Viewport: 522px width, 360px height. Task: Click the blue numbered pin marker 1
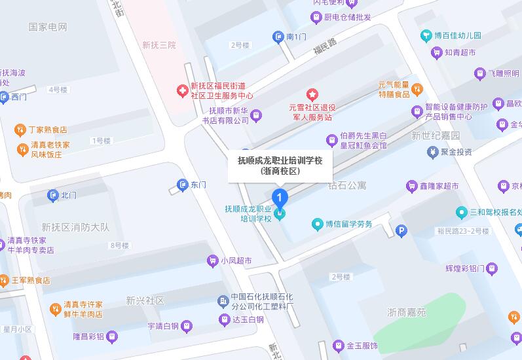coord(280,197)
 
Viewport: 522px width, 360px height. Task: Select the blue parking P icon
coord(401,230)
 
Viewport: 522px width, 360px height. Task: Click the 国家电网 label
coord(48,27)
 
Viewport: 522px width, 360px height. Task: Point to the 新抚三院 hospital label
coord(159,45)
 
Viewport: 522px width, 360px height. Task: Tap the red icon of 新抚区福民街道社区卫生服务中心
coord(181,90)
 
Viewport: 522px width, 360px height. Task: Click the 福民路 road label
coord(324,45)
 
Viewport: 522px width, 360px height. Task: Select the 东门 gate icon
coord(182,185)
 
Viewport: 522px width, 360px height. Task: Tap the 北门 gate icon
coord(53,195)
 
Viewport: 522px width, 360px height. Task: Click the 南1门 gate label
coord(296,37)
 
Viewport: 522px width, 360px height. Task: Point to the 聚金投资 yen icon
coord(432,152)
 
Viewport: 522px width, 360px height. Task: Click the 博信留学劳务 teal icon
coord(318,224)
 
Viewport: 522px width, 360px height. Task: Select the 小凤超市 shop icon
coord(212,260)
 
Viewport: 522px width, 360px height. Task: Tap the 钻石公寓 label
coord(347,186)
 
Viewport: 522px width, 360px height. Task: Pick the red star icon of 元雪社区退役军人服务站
coord(312,96)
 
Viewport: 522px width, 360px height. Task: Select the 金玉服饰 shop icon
coord(338,345)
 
